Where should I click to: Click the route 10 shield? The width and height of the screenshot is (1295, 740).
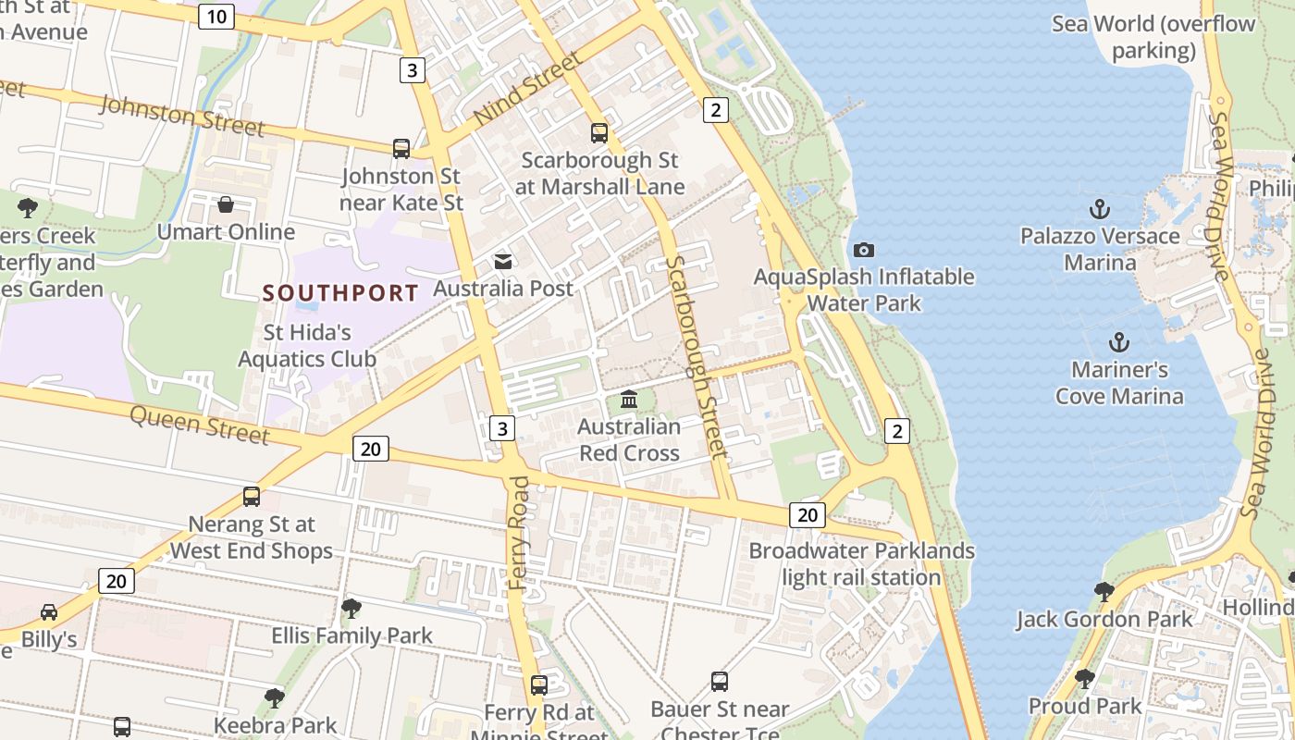pos(216,16)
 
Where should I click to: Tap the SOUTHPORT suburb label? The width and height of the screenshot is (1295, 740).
pos(340,293)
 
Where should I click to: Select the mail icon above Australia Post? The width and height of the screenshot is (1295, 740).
pos(503,262)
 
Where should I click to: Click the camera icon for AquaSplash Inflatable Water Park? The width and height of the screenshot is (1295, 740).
pos(864,250)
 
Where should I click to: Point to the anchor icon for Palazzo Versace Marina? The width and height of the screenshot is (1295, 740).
pos(1100,209)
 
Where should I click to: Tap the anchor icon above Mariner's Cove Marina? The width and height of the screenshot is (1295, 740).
pos(1119,343)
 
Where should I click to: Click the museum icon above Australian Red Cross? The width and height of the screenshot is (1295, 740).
pos(629,400)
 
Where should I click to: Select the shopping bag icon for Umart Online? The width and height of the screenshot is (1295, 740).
pos(226,204)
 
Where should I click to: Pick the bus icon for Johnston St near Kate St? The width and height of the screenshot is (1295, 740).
pos(401,148)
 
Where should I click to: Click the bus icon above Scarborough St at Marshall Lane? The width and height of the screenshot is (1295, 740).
pos(599,132)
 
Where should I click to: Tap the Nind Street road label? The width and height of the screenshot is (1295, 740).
pos(527,90)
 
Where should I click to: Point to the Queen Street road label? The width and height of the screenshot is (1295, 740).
pos(200,425)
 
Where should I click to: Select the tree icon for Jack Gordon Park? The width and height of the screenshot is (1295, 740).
pos(1104,591)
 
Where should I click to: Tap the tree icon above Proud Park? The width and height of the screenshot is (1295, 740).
pos(1085,679)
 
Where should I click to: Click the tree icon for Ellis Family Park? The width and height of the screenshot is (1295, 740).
pos(351,608)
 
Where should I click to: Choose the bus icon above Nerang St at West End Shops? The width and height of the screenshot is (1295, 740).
pos(251,497)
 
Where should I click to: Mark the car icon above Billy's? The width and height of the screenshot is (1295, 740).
pos(49,612)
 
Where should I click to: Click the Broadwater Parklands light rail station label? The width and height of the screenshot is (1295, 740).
pos(861,564)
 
